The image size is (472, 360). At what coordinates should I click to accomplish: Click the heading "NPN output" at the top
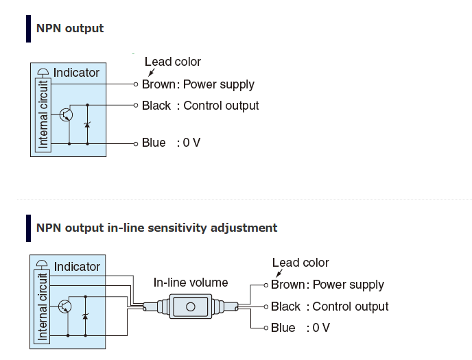tap(70, 28)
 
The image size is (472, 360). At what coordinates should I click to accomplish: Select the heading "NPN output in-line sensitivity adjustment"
tap(156, 228)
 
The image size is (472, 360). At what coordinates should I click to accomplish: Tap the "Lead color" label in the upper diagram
tap(173, 62)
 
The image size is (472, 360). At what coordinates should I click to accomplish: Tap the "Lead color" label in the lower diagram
tap(300, 263)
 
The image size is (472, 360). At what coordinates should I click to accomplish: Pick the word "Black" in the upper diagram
tap(156, 106)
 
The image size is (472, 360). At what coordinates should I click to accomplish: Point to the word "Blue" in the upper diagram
tap(154, 143)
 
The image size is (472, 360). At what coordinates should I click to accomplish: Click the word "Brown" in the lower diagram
tap(288, 285)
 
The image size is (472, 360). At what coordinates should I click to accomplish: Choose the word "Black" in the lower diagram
tap(285, 307)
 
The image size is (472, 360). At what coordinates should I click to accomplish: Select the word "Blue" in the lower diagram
tap(283, 328)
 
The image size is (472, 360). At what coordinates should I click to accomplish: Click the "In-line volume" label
tap(191, 283)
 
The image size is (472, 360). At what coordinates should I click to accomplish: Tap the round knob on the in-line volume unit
tap(191, 307)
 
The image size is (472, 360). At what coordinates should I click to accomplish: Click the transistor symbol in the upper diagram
tap(66, 115)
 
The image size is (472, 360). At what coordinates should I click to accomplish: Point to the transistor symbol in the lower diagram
tap(66, 307)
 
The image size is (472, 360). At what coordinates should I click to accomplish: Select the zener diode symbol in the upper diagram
tap(87, 125)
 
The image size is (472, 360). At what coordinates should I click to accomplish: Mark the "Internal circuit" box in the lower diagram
tap(43, 307)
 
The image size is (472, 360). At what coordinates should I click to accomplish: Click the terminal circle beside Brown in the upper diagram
tap(136, 84)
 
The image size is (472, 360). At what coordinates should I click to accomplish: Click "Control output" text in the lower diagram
tap(351, 307)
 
